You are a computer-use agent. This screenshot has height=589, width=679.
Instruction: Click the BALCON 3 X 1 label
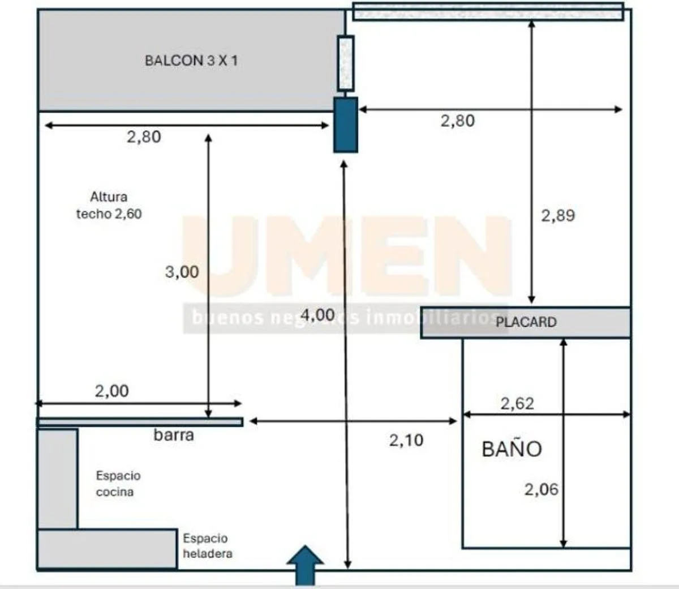[x=191, y=61]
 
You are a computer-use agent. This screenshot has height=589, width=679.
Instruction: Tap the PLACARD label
[x=526, y=322]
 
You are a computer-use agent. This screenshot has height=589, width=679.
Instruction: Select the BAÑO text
[x=512, y=449]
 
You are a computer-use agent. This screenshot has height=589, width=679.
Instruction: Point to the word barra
[x=174, y=435]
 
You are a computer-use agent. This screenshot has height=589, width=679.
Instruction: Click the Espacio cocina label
[x=118, y=484]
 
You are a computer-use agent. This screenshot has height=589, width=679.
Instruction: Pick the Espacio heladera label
[x=208, y=546]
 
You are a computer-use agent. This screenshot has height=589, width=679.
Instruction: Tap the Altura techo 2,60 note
[x=109, y=205]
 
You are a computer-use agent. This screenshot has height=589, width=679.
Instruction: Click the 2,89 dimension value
[x=558, y=216]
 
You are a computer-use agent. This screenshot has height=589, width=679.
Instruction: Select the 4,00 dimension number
[x=317, y=315]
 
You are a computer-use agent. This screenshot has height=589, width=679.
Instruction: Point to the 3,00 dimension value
[x=182, y=272]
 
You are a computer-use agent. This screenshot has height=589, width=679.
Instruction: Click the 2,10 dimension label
[x=406, y=441]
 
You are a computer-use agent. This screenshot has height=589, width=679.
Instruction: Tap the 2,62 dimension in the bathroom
[x=517, y=403]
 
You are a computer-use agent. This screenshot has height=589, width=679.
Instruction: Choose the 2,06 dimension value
[x=542, y=489]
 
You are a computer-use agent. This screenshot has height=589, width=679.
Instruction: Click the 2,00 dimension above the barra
[x=111, y=391]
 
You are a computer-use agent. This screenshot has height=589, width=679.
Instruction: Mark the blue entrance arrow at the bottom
[x=305, y=565]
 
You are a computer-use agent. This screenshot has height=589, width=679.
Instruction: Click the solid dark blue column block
[x=346, y=125]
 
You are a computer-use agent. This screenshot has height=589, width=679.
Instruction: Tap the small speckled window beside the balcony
[x=345, y=63]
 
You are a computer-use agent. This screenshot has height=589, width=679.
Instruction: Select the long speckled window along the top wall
[x=488, y=12]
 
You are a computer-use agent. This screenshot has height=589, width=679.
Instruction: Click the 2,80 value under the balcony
[x=144, y=137]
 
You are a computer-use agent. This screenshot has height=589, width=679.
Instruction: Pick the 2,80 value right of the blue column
[x=457, y=121]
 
